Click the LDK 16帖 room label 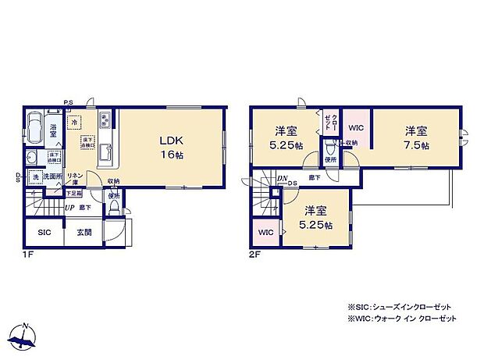[171, 147]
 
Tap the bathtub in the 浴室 [37, 127]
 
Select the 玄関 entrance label [84, 232]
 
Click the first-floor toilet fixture [115, 208]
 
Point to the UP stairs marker [70, 209]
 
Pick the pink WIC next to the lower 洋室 [265, 232]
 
